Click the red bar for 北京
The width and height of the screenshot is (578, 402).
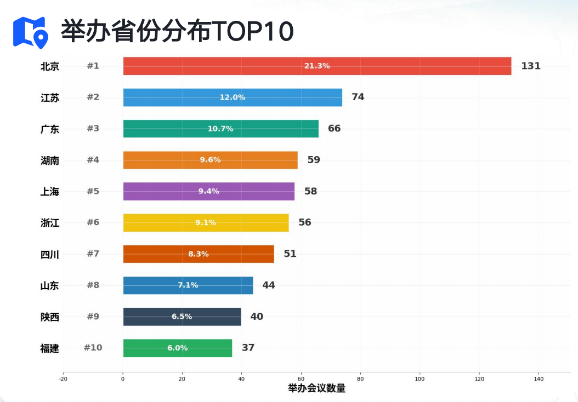pyautogui.click(x=384, y=66)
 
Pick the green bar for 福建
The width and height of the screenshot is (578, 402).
pyautogui.click(x=208, y=348)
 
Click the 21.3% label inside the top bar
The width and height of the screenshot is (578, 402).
pyautogui.click(x=317, y=66)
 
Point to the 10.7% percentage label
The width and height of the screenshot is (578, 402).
pyautogui.click(x=220, y=129)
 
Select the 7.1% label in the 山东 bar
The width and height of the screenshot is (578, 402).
pyautogui.click(x=188, y=285)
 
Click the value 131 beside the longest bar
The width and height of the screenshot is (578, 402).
pyautogui.click(x=531, y=66)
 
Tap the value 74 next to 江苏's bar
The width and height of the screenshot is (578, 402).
pyautogui.click(x=358, y=97)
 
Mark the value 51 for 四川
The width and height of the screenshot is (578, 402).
pyautogui.click(x=290, y=254)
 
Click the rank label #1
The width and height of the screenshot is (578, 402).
pyautogui.click(x=93, y=66)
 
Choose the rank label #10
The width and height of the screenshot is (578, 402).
pyautogui.click(x=93, y=348)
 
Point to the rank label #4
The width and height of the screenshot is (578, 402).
pyautogui.click(x=93, y=160)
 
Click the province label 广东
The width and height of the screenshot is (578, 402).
pyautogui.click(x=50, y=129)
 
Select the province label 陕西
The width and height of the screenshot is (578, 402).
pyautogui.click(x=50, y=317)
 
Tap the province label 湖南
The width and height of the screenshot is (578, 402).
pyautogui.click(x=50, y=160)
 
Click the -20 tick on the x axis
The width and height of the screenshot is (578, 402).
pyautogui.click(x=63, y=378)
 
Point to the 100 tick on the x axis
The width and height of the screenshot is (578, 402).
pyautogui.click(x=420, y=378)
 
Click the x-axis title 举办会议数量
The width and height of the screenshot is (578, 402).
pyautogui.click(x=316, y=388)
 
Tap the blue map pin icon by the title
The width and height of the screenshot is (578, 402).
pyautogui.click(x=30, y=32)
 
